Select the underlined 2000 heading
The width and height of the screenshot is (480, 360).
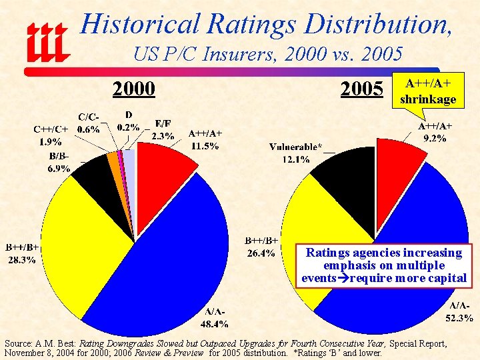(133, 88)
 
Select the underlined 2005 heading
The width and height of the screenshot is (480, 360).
(361, 88)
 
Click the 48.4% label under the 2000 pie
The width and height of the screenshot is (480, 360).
(215, 324)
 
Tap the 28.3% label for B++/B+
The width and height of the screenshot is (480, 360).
(22, 260)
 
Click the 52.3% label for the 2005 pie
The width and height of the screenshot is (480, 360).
(459, 318)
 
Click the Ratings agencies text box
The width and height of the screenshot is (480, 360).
(383, 265)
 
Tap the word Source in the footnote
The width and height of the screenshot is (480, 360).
(18, 343)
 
